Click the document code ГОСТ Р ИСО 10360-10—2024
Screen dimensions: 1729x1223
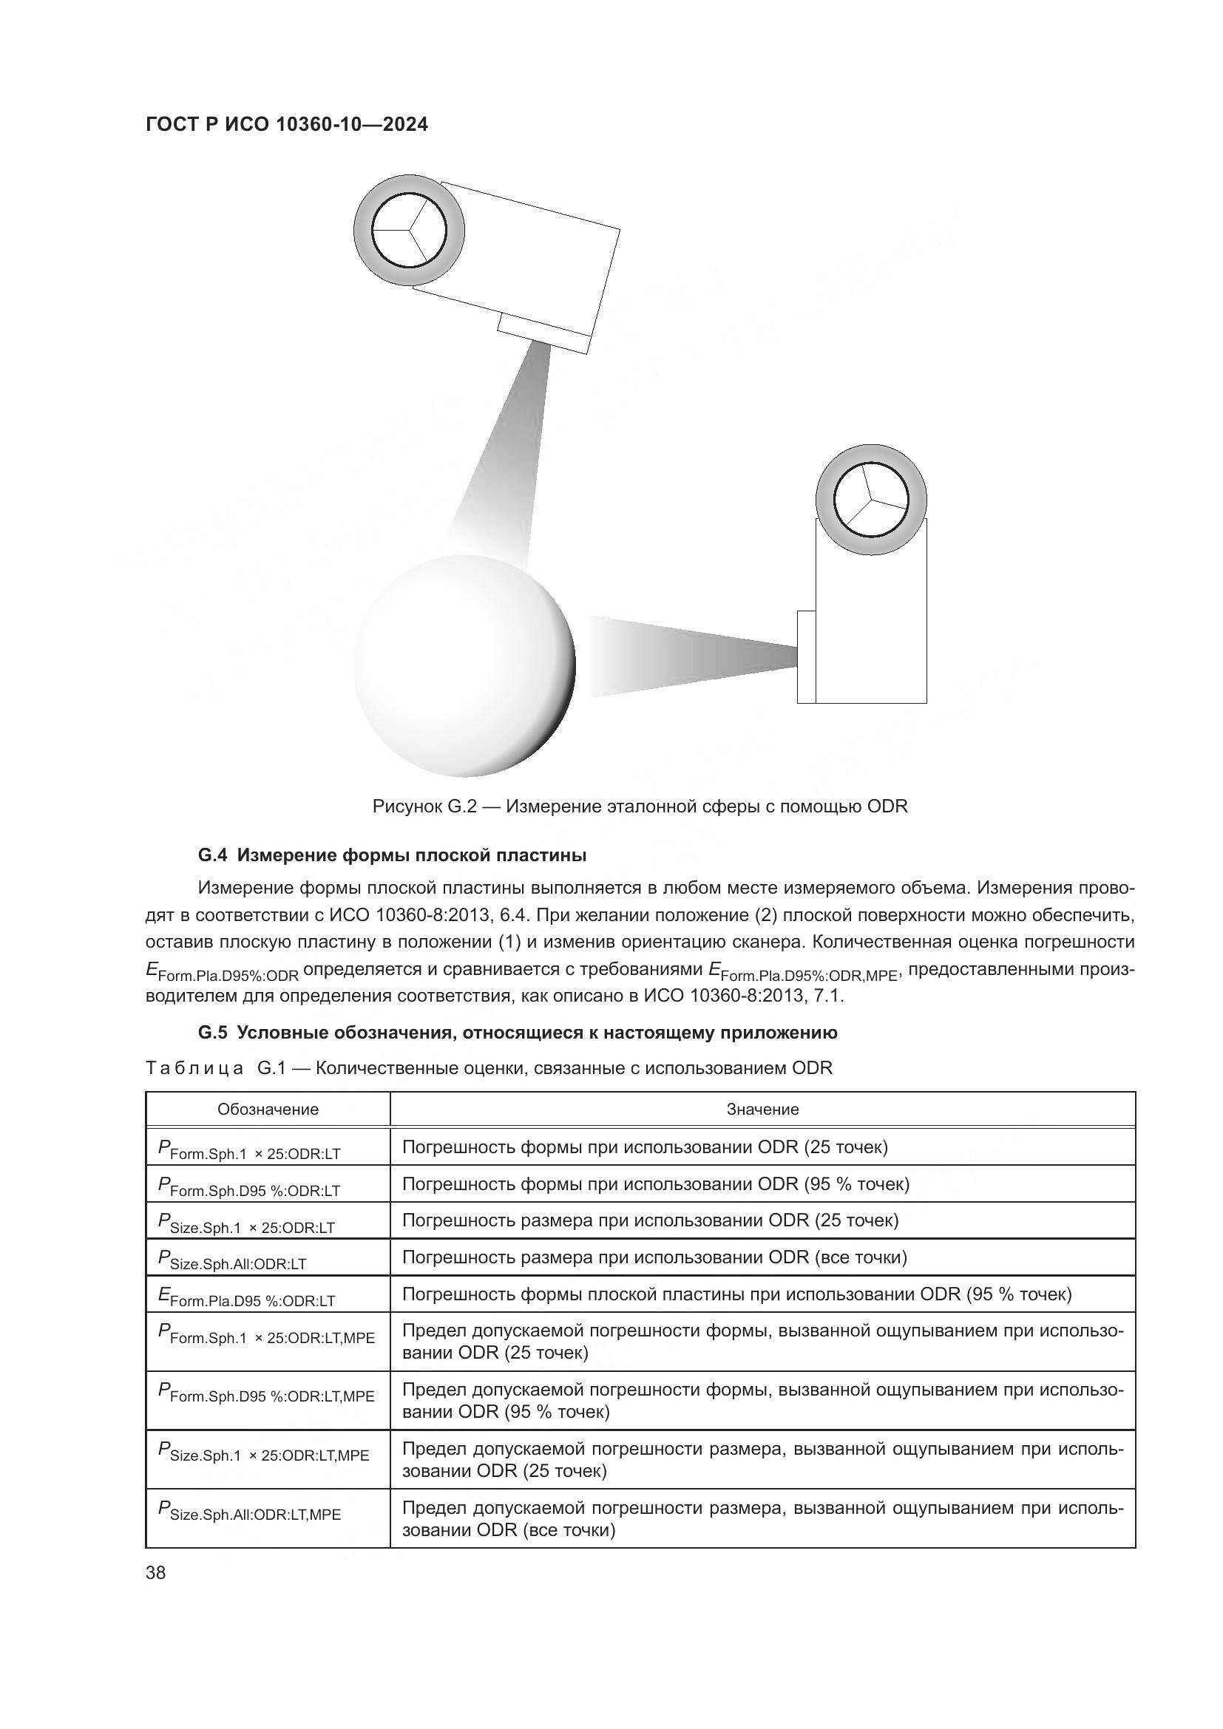(x=286, y=124)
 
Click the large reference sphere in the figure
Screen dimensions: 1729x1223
(x=464, y=666)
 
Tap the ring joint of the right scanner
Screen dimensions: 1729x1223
(x=871, y=499)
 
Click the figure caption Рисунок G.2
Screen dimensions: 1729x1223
(x=640, y=806)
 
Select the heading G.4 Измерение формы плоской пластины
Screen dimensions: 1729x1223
(x=392, y=855)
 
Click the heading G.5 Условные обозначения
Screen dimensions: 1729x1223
(x=518, y=1033)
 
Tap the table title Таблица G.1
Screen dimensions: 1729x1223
(x=489, y=1068)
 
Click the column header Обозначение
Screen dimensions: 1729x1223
(x=268, y=1110)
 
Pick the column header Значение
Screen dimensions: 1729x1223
(x=762, y=1110)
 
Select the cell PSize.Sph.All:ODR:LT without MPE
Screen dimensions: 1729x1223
(x=234, y=1259)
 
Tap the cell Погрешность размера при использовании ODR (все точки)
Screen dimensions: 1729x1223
(x=654, y=1257)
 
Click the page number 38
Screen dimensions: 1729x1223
(x=156, y=1572)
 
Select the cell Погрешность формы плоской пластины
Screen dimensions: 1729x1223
(x=736, y=1294)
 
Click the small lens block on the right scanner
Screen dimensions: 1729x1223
(x=806, y=656)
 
